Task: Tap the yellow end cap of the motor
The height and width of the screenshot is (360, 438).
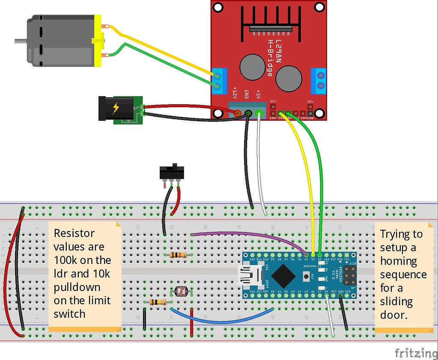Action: (x=99, y=41)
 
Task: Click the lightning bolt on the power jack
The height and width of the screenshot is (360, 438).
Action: (x=116, y=108)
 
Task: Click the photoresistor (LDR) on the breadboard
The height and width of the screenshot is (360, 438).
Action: (x=182, y=292)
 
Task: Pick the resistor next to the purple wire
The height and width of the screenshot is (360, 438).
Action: (x=178, y=255)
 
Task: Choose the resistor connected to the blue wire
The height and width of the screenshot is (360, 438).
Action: (x=158, y=302)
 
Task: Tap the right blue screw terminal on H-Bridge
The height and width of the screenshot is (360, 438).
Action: (x=319, y=81)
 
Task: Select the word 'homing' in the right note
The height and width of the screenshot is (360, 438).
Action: (x=398, y=261)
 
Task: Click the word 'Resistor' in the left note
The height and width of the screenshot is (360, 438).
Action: (x=74, y=234)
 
